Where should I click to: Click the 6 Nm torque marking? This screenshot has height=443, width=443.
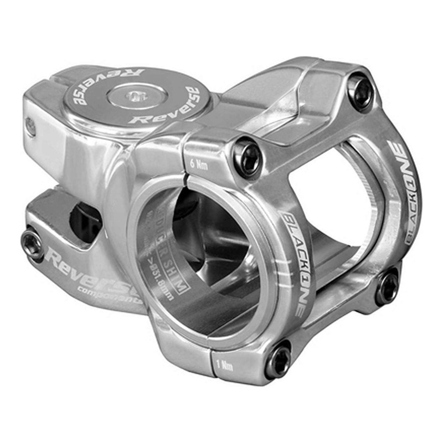click(198, 164)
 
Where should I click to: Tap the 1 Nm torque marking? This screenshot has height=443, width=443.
click(224, 366)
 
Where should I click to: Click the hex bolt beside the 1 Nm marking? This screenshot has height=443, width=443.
click(278, 360)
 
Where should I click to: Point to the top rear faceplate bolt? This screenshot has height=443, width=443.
click(360, 92)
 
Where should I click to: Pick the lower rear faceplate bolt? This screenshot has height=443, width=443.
click(387, 287)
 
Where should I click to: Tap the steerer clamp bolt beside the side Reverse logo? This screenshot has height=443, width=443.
click(32, 244)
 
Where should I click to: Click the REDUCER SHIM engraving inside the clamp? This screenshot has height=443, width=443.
click(167, 244)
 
